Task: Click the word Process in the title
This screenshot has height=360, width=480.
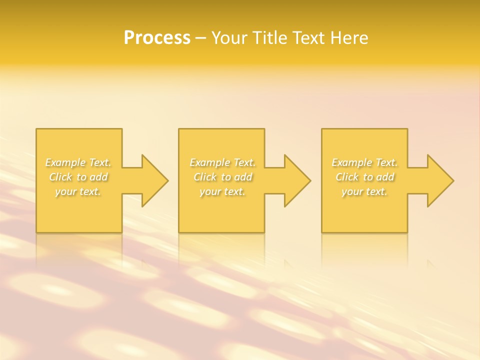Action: point(157,38)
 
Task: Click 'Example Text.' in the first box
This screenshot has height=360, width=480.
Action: point(78,162)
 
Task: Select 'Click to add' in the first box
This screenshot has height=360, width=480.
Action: point(78,177)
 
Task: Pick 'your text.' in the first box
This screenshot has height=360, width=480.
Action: point(78,191)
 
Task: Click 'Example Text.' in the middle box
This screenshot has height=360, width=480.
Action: point(222,162)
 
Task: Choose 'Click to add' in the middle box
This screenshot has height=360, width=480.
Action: point(222,177)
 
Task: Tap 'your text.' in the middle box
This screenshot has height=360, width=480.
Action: point(222,191)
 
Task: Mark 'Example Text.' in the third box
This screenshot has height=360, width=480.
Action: point(364,162)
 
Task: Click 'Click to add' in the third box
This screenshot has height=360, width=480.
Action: point(364,177)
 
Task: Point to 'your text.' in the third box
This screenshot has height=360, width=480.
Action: point(364,191)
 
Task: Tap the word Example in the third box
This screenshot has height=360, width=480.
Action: point(352,162)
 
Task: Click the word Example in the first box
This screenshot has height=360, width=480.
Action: point(66,162)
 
